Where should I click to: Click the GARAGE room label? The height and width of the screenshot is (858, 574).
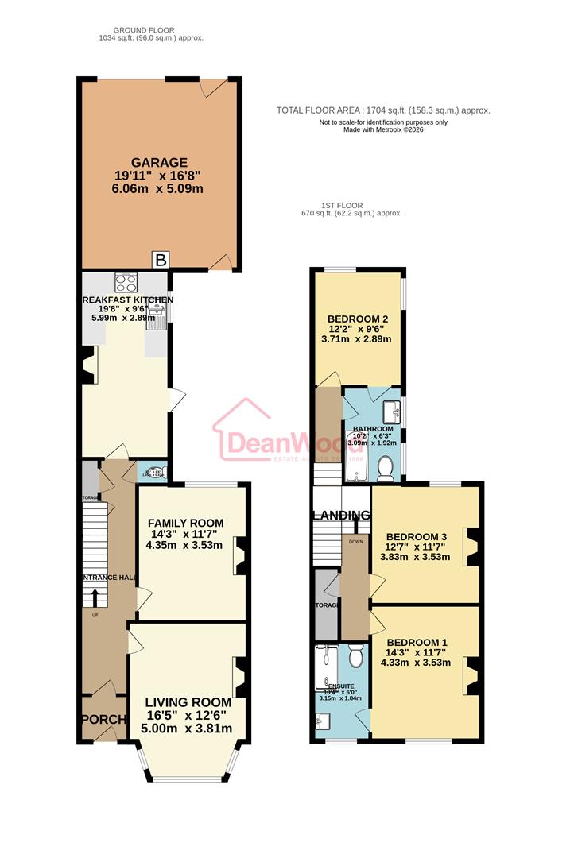(x=161, y=162)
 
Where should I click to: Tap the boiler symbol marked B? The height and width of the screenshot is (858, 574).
(x=161, y=260)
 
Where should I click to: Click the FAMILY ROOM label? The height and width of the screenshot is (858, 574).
(x=185, y=523)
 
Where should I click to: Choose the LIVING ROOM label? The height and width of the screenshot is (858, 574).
(x=188, y=702)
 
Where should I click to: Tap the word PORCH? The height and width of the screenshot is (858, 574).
(x=103, y=720)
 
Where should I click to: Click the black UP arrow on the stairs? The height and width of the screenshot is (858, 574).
(x=95, y=596)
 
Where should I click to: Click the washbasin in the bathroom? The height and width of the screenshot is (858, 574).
(x=391, y=412)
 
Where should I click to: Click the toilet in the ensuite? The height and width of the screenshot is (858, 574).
(x=355, y=656)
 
